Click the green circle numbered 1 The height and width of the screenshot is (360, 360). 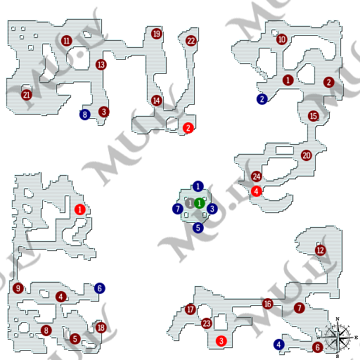tap(200, 203)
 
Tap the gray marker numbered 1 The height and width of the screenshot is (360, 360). tap(189, 203)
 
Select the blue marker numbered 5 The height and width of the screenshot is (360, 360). tap(198, 227)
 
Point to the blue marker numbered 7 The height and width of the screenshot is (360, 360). tap(177, 209)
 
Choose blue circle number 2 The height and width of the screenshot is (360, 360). tap(262, 99)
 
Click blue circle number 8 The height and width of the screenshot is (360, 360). tap(85, 115)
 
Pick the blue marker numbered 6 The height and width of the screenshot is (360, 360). tap(100, 288)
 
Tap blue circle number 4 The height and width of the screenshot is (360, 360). tap(279, 345)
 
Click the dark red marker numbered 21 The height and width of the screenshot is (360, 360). tap(27, 95)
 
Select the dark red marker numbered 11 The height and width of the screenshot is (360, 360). tap(67, 41)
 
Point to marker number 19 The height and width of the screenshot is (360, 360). tap(157, 34)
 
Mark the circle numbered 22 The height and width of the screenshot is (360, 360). tap(191, 41)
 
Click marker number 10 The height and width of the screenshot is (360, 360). tap(282, 39)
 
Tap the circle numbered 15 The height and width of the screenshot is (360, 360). tap(314, 116)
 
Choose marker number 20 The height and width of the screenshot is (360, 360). tap(307, 155)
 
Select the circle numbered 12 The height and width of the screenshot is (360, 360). tap(321, 250)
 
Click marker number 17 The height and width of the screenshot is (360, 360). tap(191, 309)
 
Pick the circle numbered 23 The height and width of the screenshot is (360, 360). tap(206, 323)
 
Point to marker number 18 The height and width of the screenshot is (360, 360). tap(101, 328)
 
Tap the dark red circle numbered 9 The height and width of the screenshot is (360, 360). tap(18, 288)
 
